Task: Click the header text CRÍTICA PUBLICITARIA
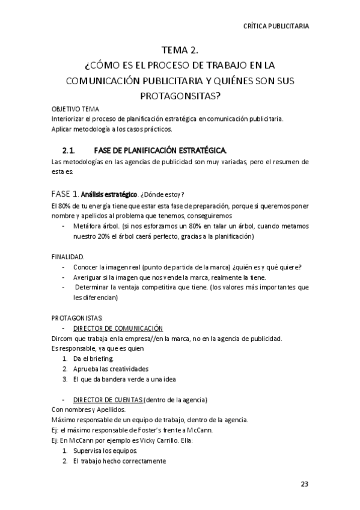[276, 26]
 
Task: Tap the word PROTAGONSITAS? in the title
[180, 95]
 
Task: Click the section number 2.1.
[68, 150]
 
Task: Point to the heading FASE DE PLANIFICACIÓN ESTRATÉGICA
[161, 150]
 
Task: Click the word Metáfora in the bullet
[86, 227]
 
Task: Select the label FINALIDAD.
[68, 257]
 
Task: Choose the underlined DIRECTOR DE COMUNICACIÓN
[118, 328]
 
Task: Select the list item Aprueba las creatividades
[110, 369]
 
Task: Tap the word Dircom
[61, 339]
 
